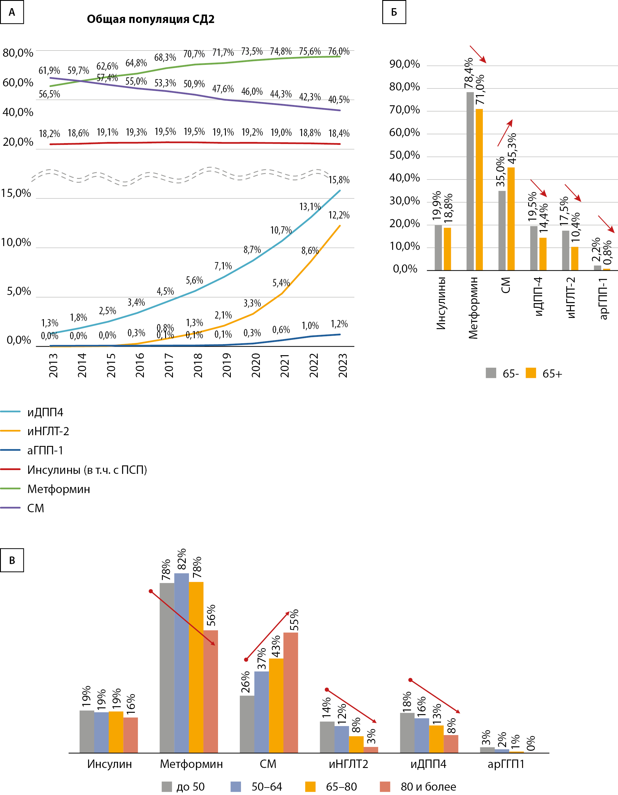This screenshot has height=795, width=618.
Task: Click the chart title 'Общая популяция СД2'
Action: coord(151,19)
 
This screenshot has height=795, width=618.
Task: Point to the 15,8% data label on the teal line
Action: coord(339,180)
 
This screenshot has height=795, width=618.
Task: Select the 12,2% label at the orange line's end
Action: coord(339,215)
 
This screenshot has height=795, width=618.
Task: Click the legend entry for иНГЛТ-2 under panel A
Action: coord(48,431)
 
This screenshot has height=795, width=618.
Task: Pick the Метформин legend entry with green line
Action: coord(58,489)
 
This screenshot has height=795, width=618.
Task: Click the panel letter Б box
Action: coord(394,12)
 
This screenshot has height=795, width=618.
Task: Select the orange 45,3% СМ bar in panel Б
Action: coord(511,219)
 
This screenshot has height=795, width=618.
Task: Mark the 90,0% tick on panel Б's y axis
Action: coord(404,64)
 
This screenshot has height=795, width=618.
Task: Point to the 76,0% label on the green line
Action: coord(339,51)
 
